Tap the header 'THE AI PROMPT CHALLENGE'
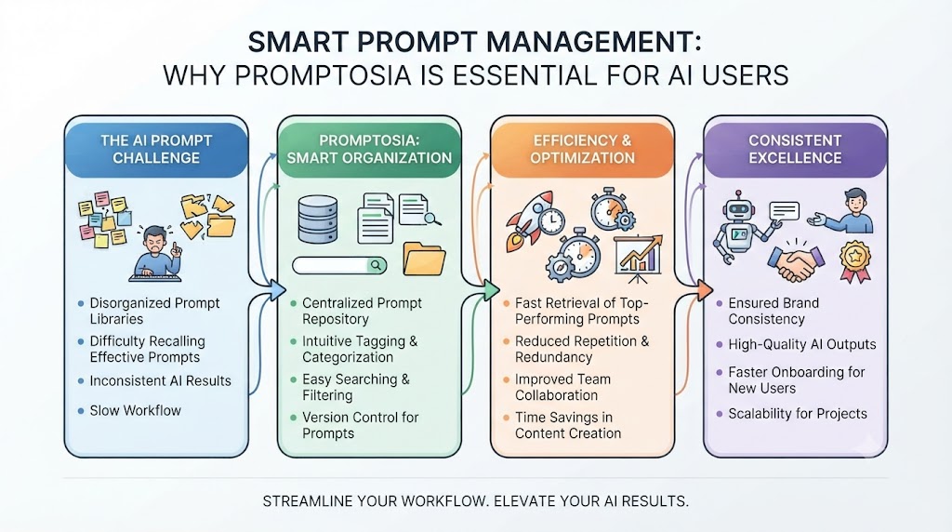click(x=156, y=150)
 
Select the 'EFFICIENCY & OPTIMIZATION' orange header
click(x=582, y=150)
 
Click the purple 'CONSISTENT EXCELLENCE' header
click(x=795, y=150)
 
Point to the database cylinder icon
click(x=318, y=219)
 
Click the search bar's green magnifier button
click(x=377, y=265)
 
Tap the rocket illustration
click(x=527, y=220)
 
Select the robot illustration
click(x=737, y=227)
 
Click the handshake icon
click(x=796, y=263)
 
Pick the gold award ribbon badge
click(x=855, y=261)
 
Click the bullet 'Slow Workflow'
click(x=136, y=410)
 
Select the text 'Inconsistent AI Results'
click(x=160, y=380)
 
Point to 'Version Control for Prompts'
click(x=361, y=425)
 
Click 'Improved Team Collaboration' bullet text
click(x=562, y=387)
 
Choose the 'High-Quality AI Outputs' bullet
click(x=802, y=344)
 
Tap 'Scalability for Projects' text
click(x=798, y=414)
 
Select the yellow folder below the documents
click(x=424, y=259)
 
